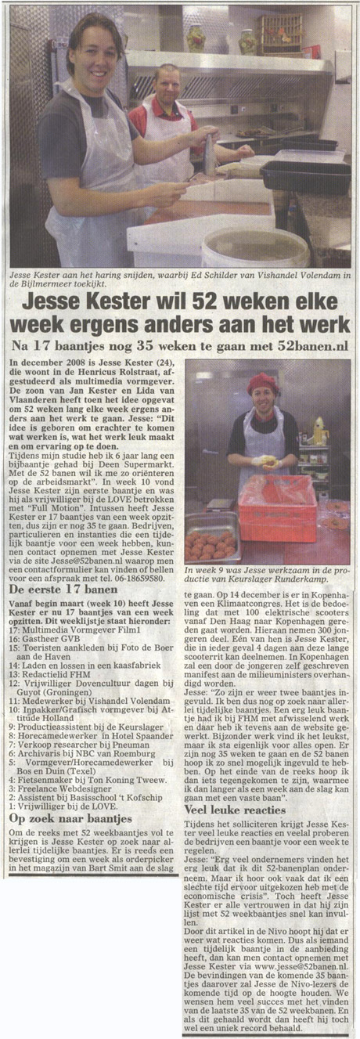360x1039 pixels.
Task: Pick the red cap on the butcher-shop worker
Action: [x=262, y=383]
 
